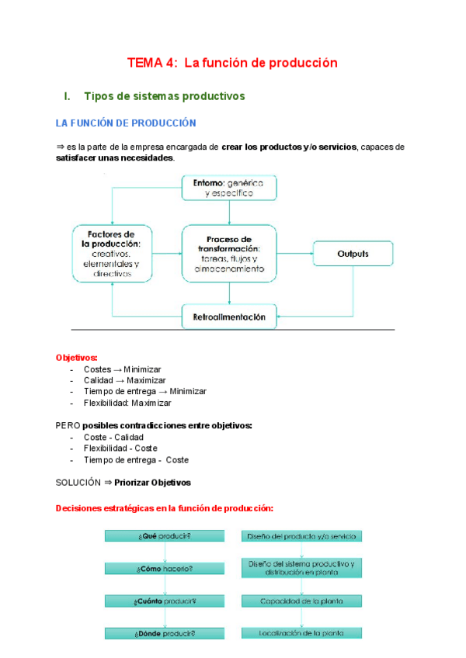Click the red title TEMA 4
(232, 63)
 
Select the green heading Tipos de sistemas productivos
(164, 96)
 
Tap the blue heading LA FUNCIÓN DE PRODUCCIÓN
(126, 123)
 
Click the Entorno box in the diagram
(229, 186)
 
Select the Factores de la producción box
(112, 254)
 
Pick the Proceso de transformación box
(229, 254)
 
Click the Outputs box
(353, 254)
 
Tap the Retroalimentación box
(229, 317)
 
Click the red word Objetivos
(77, 358)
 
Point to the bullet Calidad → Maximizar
(124, 380)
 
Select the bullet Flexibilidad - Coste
(120, 448)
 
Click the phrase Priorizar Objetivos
(152, 482)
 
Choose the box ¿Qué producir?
(165, 536)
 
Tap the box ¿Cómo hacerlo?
(165, 569)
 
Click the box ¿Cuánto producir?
(165, 601)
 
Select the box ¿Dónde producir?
(165, 633)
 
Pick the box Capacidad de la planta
(301, 601)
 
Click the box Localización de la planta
(301, 633)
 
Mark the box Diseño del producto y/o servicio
(301, 536)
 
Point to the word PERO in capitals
(68, 425)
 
